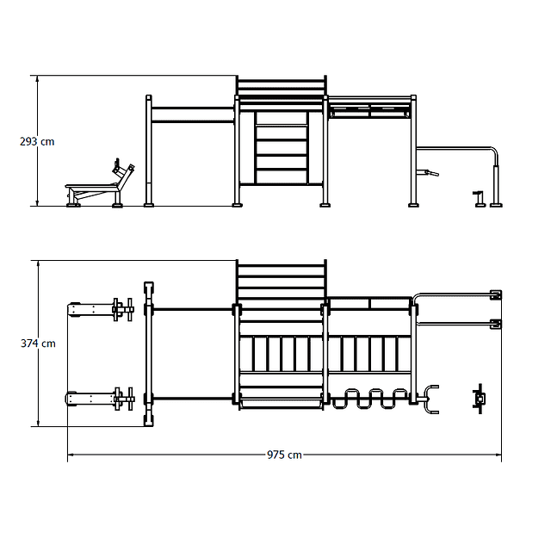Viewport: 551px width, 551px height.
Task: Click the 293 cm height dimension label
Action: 37,141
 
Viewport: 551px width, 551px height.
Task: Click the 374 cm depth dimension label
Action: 38,344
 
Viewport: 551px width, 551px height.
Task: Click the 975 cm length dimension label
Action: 284,455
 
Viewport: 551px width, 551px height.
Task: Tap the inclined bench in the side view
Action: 100,185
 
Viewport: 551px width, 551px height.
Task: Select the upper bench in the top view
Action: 101,310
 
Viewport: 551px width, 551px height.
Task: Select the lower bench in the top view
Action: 100,399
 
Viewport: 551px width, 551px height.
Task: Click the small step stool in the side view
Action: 480,199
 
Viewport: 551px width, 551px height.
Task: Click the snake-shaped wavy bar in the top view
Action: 370,399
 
